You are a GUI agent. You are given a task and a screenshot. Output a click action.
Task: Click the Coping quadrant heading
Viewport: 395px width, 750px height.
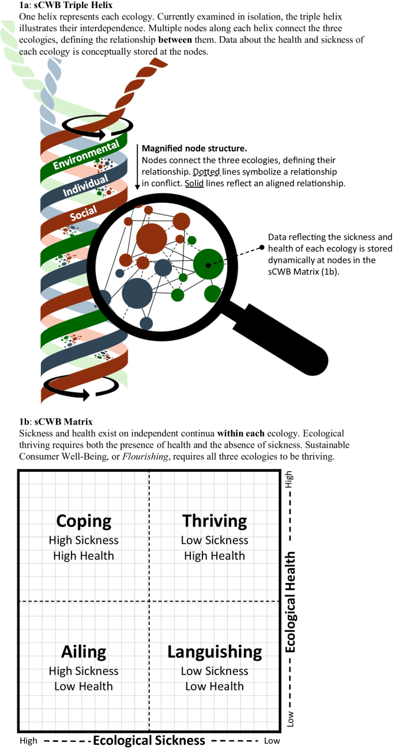(x=84, y=521)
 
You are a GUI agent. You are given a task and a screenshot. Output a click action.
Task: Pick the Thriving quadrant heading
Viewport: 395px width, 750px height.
(x=215, y=521)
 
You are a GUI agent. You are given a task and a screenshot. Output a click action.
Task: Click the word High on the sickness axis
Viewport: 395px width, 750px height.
(x=29, y=740)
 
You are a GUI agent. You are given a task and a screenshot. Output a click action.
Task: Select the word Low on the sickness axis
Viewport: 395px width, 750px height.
(x=272, y=740)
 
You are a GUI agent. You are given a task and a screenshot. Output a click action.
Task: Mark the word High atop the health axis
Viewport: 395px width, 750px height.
(x=290, y=479)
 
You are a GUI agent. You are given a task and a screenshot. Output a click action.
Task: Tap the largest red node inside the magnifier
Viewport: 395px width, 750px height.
(x=152, y=238)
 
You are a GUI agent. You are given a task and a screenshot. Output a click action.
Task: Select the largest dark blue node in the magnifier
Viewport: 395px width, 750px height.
(x=137, y=292)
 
